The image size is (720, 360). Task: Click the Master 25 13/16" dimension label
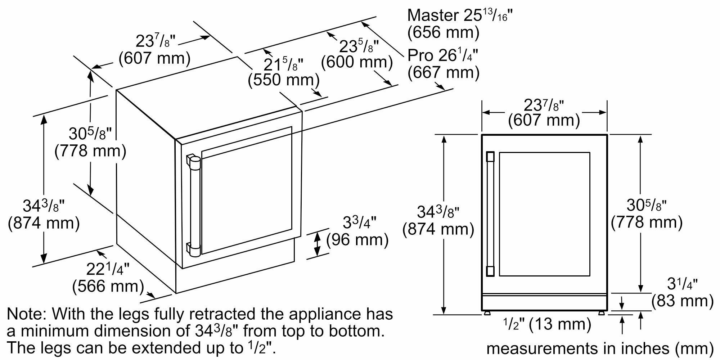pos(460,15)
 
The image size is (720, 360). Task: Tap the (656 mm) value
pos(444,32)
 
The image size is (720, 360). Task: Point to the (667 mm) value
pos(444,73)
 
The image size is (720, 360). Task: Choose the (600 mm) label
pos(357,62)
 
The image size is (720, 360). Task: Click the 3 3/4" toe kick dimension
pos(359,222)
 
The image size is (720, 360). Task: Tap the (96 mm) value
pos(357,240)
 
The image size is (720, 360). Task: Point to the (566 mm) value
pos(108,287)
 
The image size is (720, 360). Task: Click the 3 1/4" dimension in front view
pos(682,284)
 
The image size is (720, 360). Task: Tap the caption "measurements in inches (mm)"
pos(600,348)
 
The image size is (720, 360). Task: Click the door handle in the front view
pos(490,214)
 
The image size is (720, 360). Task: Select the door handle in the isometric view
pos(194,206)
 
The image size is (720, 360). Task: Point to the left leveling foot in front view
pos(487,313)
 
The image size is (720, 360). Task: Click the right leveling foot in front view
pos(601,313)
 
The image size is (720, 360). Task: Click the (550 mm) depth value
pos(283,80)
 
